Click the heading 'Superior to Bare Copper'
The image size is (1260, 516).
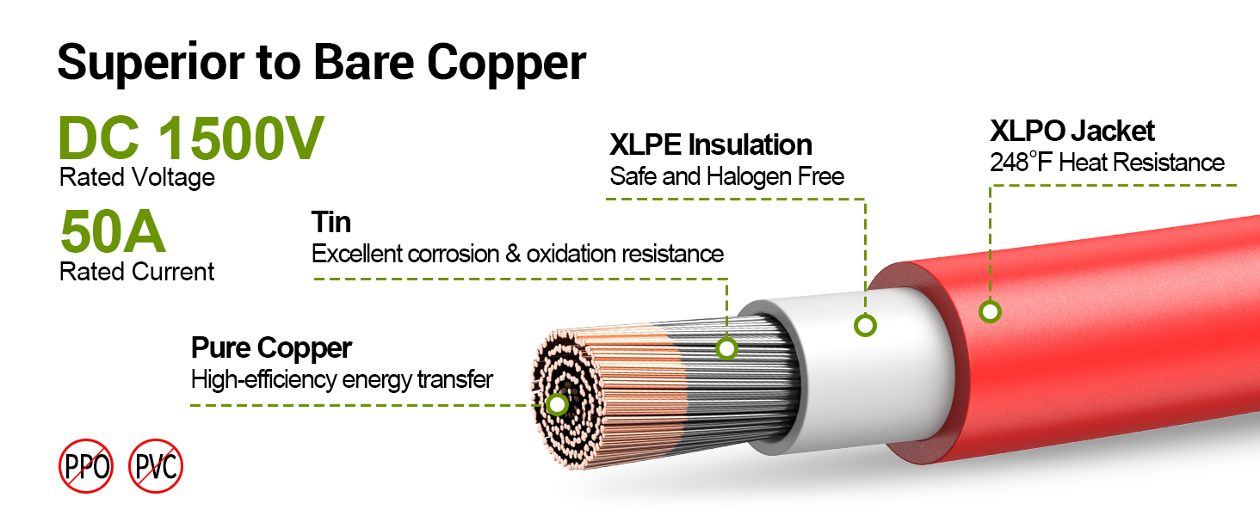pos(321,62)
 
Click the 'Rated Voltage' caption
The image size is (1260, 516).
pos(137,178)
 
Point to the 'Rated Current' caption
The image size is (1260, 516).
pos(137,272)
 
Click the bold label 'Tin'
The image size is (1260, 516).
pos(330,223)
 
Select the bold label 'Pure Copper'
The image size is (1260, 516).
pos(271,348)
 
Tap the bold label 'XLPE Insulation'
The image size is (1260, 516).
pos(710,144)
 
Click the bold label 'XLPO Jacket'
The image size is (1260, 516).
pos(1072,131)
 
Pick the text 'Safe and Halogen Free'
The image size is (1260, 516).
pos(726,176)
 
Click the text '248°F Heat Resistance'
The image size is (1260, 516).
pos(1107,163)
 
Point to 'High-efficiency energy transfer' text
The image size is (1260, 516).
pos(342,379)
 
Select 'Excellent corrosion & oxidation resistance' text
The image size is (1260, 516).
pos(516,255)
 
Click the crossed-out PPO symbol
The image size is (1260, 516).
pos(86,467)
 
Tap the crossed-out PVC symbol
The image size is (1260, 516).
pos(156,467)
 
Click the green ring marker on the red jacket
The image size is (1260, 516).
pos(990,311)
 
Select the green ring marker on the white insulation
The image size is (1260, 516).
pos(864,325)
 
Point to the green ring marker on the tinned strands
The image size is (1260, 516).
pos(727,348)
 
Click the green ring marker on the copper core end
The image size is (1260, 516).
pos(558,404)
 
